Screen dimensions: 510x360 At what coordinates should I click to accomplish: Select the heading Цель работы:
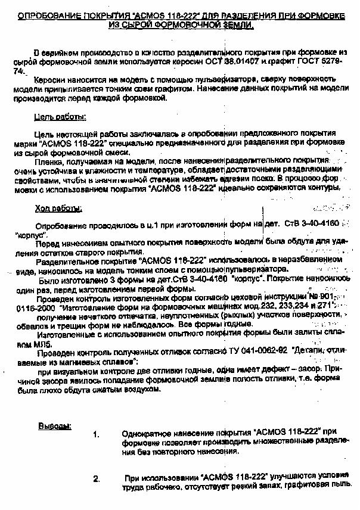(x=60, y=117)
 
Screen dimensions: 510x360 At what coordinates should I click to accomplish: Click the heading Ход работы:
(x=58, y=209)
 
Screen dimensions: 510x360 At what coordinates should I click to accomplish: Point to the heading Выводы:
(x=55, y=427)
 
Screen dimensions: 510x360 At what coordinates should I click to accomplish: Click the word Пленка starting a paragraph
(x=49, y=162)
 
